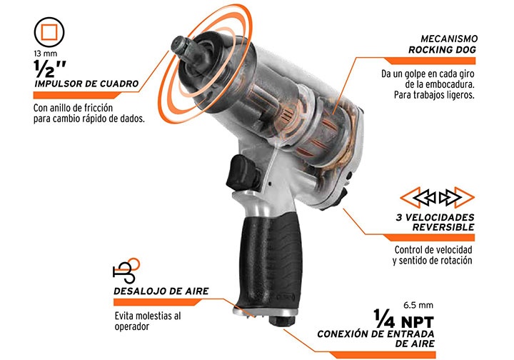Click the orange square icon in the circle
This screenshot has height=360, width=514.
tap(49, 31)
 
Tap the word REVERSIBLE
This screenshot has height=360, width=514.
tap(443, 227)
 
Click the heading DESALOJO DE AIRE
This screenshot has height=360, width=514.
tap(161, 291)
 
